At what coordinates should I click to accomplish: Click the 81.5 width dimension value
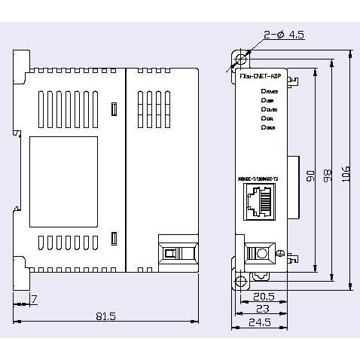[105, 316]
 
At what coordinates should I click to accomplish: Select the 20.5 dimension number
[263, 296]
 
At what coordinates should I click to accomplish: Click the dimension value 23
[261, 309]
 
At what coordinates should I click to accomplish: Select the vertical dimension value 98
[325, 174]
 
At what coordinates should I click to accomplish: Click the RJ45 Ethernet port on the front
[258, 203]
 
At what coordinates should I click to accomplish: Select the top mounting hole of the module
[241, 59]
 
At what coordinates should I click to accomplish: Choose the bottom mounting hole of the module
[241, 282]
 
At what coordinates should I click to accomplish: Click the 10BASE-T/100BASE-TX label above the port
[258, 178]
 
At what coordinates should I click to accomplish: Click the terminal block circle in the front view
[261, 252]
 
